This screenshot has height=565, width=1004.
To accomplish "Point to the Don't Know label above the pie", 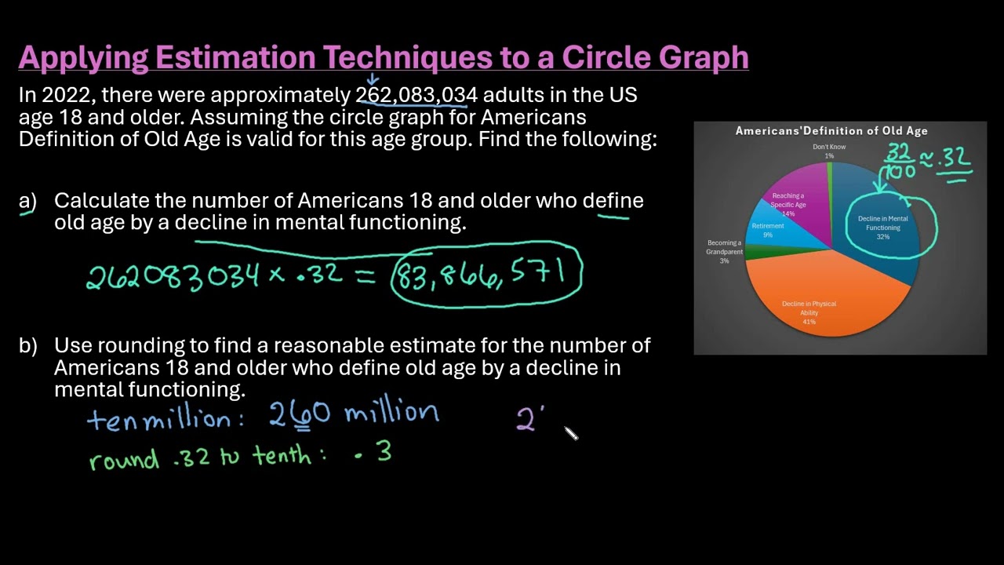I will (829, 147).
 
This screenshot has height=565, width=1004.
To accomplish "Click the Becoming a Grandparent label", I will (724, 248).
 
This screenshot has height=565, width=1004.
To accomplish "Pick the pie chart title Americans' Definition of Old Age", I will (831, 131).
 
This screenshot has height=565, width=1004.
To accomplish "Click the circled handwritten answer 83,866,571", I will (486, 275).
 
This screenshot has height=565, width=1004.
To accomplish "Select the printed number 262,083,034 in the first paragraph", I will (416, 96).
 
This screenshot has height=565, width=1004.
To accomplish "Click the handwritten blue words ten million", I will (163, 419).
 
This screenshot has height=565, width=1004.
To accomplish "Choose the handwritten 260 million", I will (353, 414).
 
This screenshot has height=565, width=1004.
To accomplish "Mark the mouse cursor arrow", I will (570, 432).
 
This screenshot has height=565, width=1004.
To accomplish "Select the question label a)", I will (27, 202).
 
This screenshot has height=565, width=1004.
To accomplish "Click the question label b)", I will (27, 345).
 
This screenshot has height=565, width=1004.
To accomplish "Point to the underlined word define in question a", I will (613, 201).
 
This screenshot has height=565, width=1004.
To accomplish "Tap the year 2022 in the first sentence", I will (66, 96).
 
